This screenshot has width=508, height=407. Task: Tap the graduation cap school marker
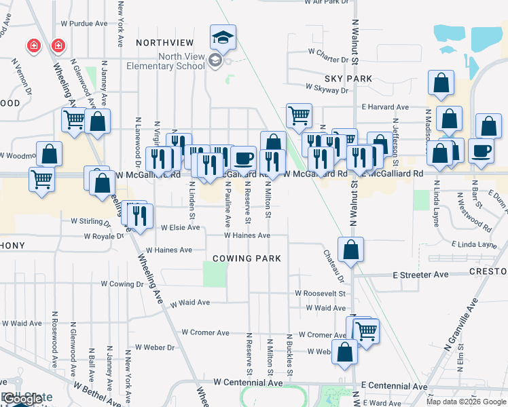tap(222, 38)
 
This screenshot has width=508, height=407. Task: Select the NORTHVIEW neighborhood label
tap(160, 42)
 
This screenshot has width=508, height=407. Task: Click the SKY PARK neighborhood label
tap(348, 79)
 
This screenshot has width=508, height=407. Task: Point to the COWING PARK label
tap(246, 258)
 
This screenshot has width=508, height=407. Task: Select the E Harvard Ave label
tap(385, 107)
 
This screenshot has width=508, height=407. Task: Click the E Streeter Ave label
tap(420, 275)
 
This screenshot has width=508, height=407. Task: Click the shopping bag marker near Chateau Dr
tap(350, 250)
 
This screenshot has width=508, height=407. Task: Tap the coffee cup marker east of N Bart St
tap(482, 151)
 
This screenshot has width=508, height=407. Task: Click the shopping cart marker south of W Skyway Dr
tap(299, 116)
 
